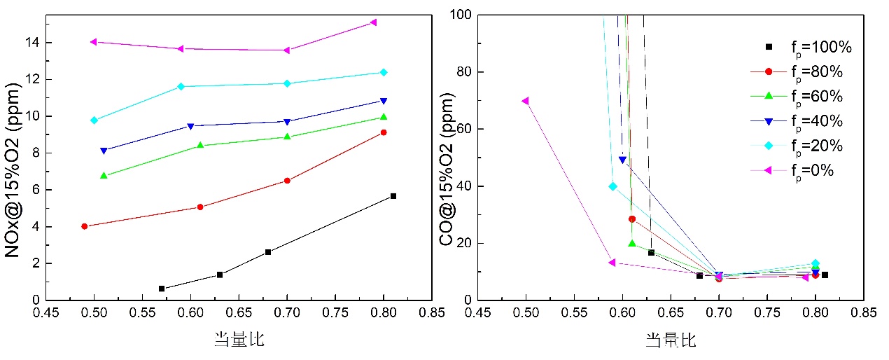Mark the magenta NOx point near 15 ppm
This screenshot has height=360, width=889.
[374, 22]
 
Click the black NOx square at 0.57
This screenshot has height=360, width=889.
[162, 289]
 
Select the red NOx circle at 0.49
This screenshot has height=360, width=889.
[85, 226]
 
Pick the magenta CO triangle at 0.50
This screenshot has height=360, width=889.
[526, 101]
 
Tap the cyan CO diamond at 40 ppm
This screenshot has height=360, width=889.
[612, 186]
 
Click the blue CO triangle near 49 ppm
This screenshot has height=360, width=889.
[622, 160]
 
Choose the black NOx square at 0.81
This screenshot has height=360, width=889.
[393, 196]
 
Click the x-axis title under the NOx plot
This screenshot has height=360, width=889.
[239, 340]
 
